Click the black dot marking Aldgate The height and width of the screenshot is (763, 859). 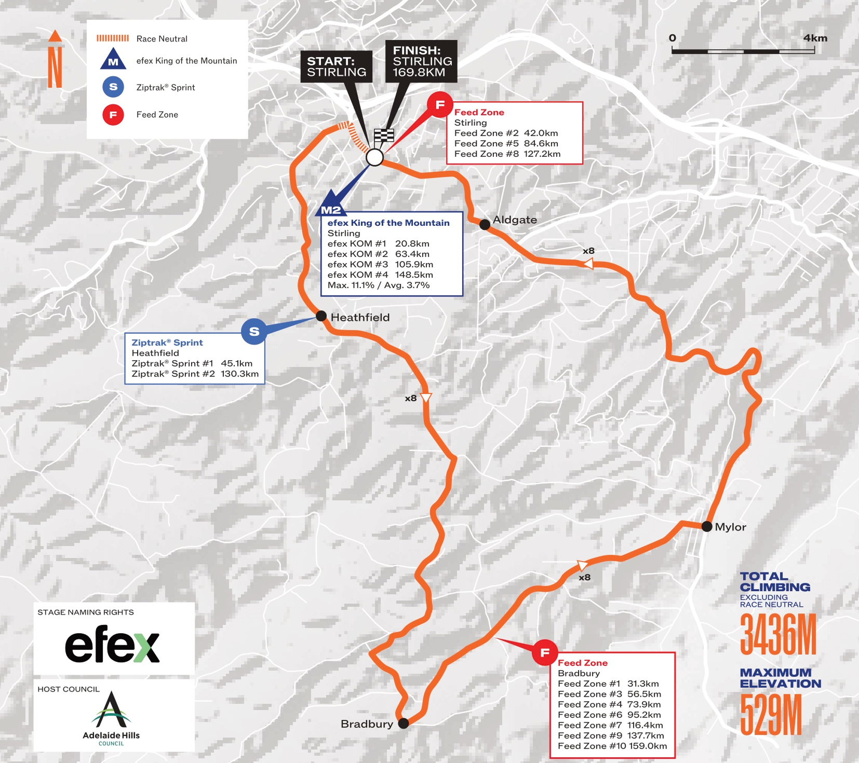485,224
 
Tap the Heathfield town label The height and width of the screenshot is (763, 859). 360,317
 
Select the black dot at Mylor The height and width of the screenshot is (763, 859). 706,526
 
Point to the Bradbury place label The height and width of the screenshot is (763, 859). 367,724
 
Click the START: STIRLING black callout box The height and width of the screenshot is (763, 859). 337,66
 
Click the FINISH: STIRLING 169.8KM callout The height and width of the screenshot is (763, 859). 421,61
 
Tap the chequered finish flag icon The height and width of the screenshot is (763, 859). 384,136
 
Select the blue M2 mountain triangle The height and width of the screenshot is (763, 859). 330,205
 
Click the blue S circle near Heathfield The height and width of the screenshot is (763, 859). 254,331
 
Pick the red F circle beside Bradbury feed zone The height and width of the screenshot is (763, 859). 545,652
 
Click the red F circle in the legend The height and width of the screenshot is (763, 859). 113,115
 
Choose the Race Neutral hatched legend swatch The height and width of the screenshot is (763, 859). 113,38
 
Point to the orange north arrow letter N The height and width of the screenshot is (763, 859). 55,66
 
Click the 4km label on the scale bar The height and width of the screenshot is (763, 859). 815,38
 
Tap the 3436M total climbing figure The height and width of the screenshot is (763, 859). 777,634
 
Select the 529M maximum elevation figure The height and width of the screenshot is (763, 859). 771,715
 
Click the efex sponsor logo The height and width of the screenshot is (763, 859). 112,644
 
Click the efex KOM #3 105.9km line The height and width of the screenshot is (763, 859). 380,264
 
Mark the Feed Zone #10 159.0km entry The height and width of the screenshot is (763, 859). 612,746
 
